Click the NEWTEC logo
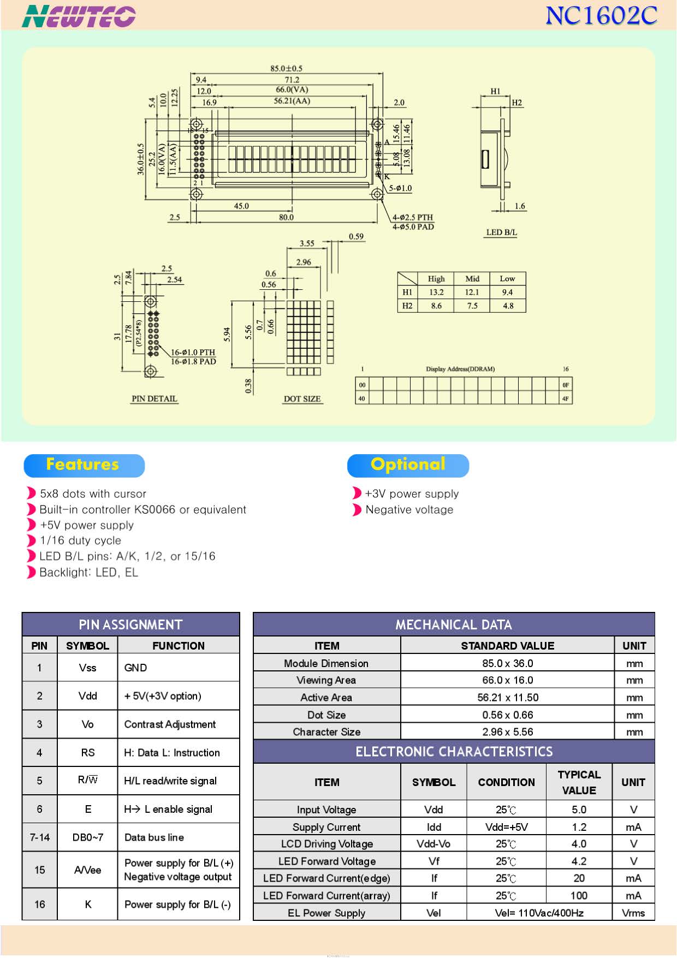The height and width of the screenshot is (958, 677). coord(79,16)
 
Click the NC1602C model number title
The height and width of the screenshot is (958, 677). coord(601,15)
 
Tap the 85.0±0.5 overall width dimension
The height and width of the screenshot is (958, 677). coord(286,68)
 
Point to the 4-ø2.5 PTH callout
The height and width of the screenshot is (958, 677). coord(413,217)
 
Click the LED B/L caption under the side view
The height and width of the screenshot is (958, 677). coord(501,233)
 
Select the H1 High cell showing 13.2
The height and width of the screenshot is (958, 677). coord(436,292)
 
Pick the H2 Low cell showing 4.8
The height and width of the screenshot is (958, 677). coord(508,306)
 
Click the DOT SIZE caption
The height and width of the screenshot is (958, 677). coord(302,399)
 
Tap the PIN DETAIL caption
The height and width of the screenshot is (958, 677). coord(155,399)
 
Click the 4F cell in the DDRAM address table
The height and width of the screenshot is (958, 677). coord(566,398)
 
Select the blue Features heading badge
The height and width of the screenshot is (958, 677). coord(84,465)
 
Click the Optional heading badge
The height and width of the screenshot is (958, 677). coord(408,465)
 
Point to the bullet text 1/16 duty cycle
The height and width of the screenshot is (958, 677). coord(80,540)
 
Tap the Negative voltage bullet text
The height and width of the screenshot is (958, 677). coord(409,509)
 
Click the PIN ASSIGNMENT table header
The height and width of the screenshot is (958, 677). coord(130,624)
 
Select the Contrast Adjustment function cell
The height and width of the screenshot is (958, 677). coord(170,724)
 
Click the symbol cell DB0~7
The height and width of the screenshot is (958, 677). coord(87,837)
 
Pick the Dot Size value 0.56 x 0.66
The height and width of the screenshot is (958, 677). coord(507,715)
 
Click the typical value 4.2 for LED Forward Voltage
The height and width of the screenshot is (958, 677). coord(579,861)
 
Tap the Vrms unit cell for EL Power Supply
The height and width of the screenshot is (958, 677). coord(633,913)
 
